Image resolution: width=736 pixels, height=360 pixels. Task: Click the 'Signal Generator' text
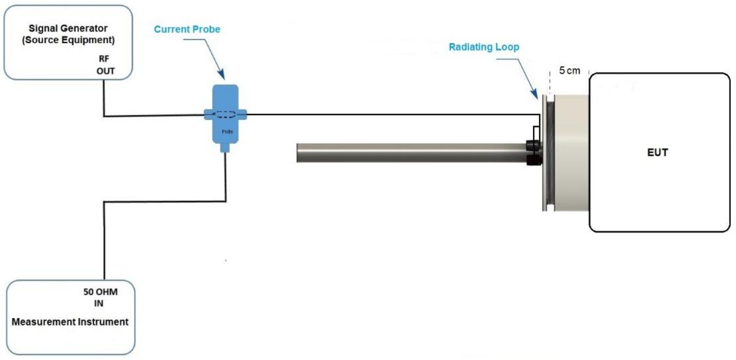click(x=68, y=29)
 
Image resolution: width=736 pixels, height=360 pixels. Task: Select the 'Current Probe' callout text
click(x=187, y=29)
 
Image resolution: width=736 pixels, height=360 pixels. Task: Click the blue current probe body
click(x=226, y=114)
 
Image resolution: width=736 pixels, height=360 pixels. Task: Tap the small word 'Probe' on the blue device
click(x=227, y=131)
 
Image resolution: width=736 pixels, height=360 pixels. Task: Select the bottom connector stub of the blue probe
click(x=225, y=148)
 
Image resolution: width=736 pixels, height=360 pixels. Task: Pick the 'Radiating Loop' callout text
click(x=484, y=47)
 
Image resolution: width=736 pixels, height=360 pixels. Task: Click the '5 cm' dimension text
click(x=570, y=71)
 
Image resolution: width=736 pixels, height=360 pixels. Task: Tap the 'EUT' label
click(x=658, y=152)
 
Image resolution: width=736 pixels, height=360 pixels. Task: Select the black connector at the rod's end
click(x=534, y=153)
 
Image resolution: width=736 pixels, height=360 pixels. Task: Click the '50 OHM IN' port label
click(x=100, y=297)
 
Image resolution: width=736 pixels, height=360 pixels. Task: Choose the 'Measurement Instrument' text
click(x=70, y=322)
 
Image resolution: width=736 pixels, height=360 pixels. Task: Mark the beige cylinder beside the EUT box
click(x=571, y=153)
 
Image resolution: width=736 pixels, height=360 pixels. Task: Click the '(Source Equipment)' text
click(x=68, y=40)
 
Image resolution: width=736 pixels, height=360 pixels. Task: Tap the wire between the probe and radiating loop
click(x=393, y=114)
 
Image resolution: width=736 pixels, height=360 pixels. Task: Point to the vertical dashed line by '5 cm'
click(x=550, y=82)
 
